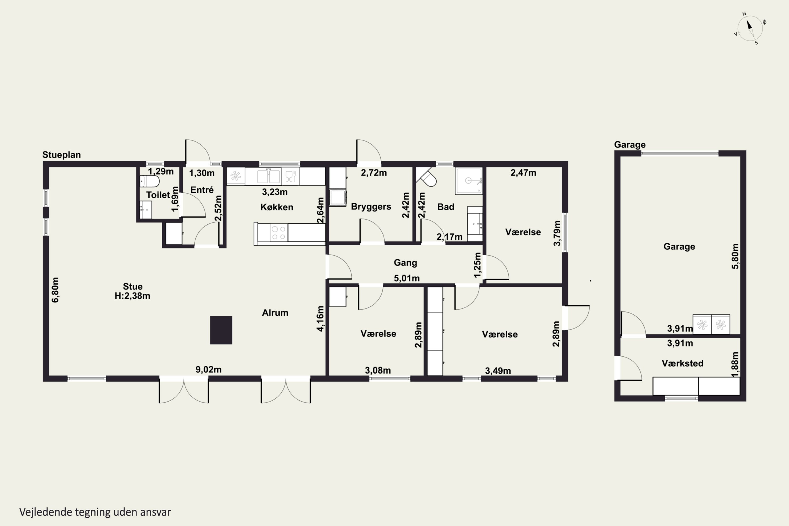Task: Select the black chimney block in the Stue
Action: [x=221, y=330]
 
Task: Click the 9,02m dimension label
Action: [x=208, y=369]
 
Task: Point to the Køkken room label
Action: [x=277, y=207]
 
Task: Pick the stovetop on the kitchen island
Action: [x=279, y=233]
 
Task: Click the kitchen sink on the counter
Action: [x=269, y=176]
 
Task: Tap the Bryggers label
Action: [x=371, y=207]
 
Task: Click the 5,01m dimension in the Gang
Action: [x=407, y=278]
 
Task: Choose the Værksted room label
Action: [x=682, y=363]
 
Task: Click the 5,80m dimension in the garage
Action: [x=735, y=256]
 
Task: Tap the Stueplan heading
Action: [x=61, y=155]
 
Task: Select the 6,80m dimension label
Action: [x=55, y=290]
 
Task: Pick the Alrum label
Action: [x=275, y=313]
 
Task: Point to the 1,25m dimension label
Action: [x=477, y=265]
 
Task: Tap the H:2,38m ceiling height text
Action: [x=132, y=296]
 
